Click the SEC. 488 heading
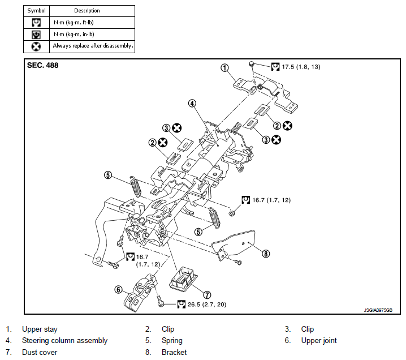[x=43, y=65]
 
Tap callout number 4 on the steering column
[x=192, y=104]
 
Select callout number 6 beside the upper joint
[x=118, y=289]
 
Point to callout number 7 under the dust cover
[x=207, y=294]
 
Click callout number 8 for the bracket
[x=266, y=254]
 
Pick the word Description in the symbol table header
[x=87, y=11]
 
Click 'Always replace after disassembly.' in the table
[x=93, y=45]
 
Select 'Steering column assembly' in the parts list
[x=64, y=341]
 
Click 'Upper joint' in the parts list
[x=318, y=341]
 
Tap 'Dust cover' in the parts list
[x=40, y=352]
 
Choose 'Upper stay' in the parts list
[x=40, y=329]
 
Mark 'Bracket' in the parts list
[x=174, y=352]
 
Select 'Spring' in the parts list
[x=172, y=341]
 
